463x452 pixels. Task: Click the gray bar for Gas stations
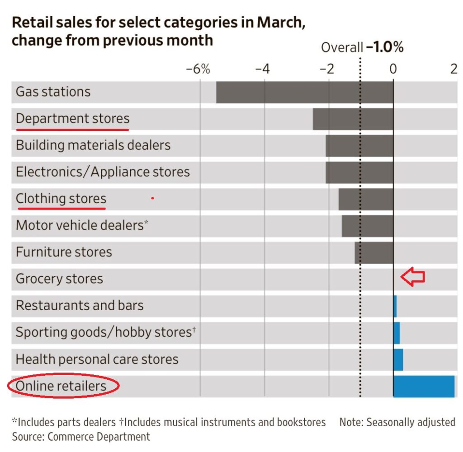coord(305,92)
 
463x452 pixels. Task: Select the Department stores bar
coord(353,119)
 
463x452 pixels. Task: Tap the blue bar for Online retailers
coord(424,386)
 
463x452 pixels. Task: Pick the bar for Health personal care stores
coord(398,359)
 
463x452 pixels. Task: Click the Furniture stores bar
coord(374,252)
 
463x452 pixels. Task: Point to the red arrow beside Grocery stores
coord(413,277)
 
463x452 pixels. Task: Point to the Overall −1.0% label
coord(362,47)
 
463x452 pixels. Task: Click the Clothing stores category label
coord(61,199)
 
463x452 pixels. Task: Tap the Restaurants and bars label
coord(80,306)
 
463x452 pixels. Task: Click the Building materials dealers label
coord(93,145)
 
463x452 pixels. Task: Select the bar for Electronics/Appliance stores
coord(359,172)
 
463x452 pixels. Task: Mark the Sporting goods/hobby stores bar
coord(397,333)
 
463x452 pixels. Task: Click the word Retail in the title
coord(31,23)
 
